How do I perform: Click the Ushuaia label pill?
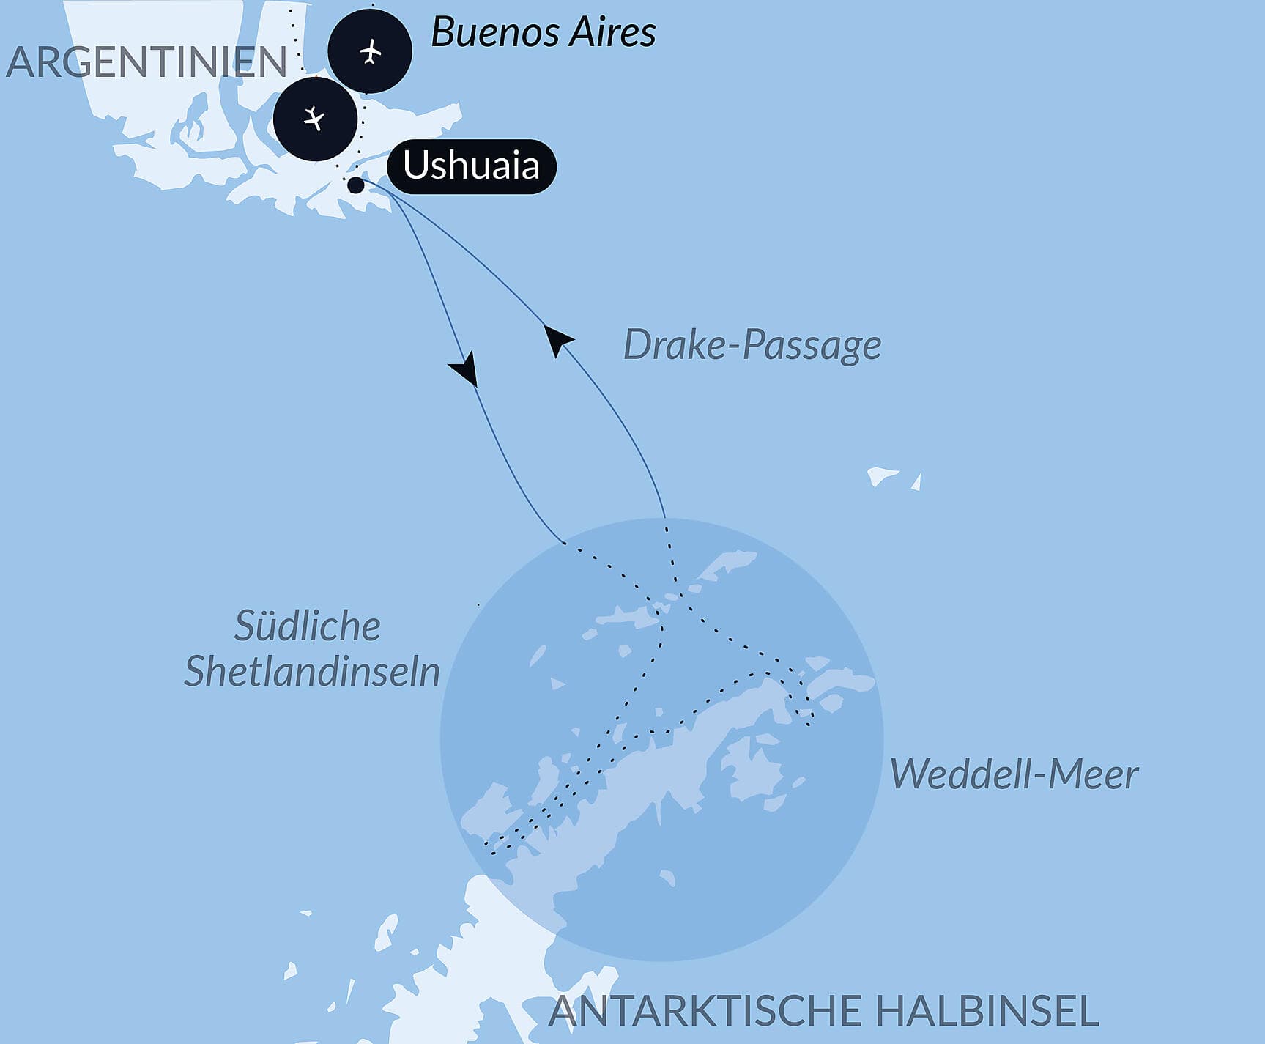pyautogui.click(x=471, y=166)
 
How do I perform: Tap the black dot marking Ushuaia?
pyautogui.click(x=356, y=185)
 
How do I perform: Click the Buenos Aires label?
pyautogui.click(x=543, y=32)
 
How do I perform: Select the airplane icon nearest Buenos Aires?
pyautogui.click(x=371, y=52)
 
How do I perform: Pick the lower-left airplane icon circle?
pyautogui.click(x=315, y=119)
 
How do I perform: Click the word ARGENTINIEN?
pyautogui.click(x=146, y=62)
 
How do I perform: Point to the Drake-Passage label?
pyautogui.click(x=752, y=345)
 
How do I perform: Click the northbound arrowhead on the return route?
pyautogui.click(x=557, y=339)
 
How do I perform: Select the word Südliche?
pyautogui.click(x=308, y=626)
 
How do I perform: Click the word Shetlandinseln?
pyautogui.click(x=312, y=671)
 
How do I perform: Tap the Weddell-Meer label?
pyautogui.click(x=1014, y=774)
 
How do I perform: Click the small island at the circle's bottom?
pyautogui.click(x=667, y=878)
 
